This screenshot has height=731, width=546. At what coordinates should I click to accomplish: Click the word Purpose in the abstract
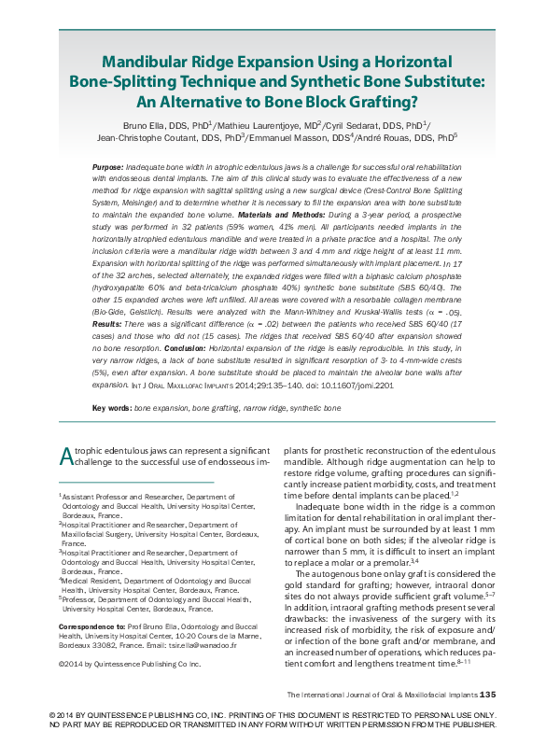click(108, 166)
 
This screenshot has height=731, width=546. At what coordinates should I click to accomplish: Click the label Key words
click(111, 409)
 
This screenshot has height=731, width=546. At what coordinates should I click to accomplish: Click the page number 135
click(493, 695)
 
